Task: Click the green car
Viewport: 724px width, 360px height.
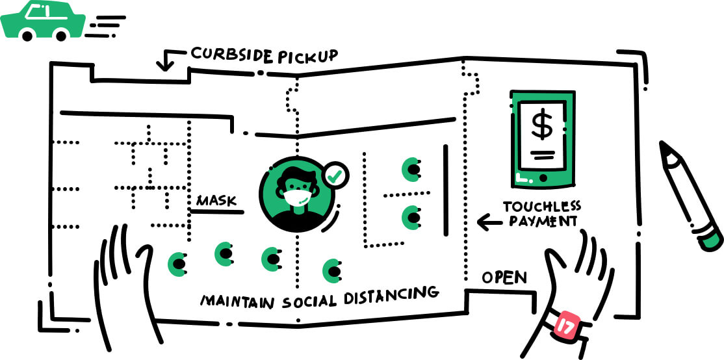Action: coord(43,21)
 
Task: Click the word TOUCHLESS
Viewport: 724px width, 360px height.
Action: coord(542,207)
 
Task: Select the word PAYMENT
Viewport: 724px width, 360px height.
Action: coord(542,222)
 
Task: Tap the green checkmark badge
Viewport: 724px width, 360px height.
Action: coord(335,174)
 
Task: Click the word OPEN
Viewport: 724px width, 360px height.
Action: coord(504,277)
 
